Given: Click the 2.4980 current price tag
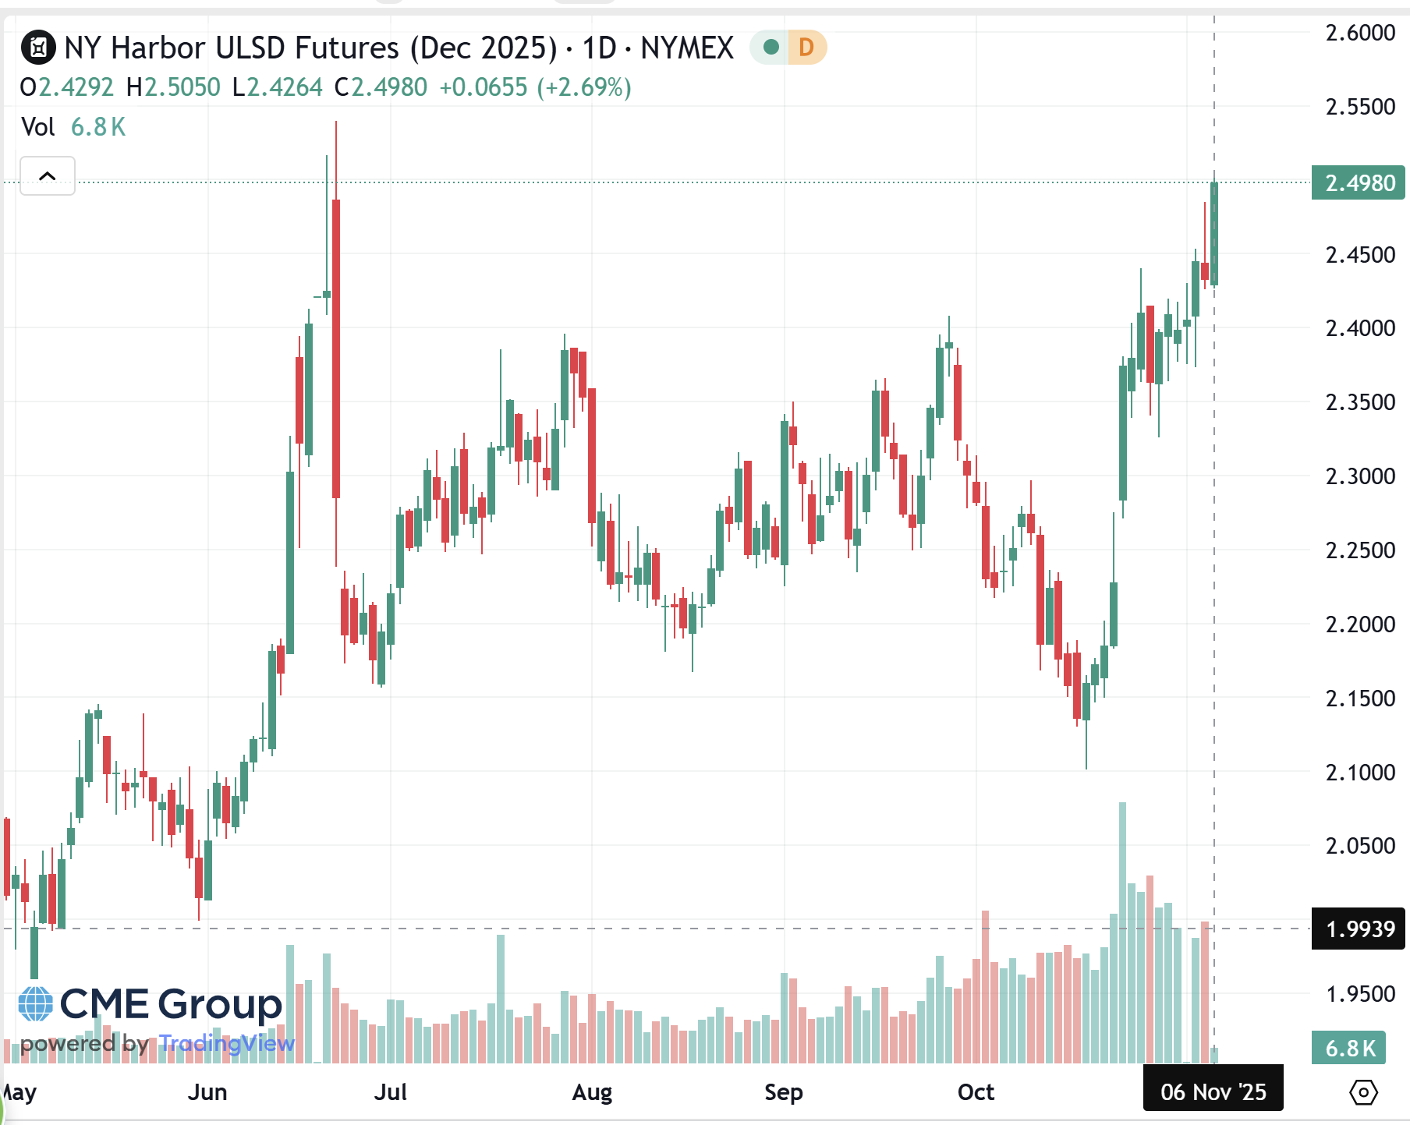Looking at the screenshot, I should tap(1358, 183).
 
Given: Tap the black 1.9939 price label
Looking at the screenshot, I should tap(1358, 929).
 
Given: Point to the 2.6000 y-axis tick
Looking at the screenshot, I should tap(1360, 33).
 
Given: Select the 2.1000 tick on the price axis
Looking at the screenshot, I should tap(1360, 772).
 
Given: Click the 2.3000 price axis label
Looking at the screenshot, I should tap(1360, 476).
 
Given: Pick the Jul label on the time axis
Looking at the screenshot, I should tap(390, 1091).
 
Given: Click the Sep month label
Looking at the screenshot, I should tap(783, 1091).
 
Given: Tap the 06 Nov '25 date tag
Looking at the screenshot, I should tap(1213, 1091).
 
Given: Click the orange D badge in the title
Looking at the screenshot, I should tap(806, 48).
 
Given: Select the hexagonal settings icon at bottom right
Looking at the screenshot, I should tap(1362, 1091).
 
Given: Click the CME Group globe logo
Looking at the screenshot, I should tap(36, 1004).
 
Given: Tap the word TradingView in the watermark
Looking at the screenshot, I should tap(227, 1043).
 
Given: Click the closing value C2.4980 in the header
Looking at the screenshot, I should tap(381, 87).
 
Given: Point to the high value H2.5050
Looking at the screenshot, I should tap(173, 87).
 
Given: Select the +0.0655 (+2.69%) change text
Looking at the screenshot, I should tap(535, 87).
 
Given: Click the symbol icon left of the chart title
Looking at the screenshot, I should tap(38, 48).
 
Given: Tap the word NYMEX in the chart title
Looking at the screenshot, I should tap(687, 48).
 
